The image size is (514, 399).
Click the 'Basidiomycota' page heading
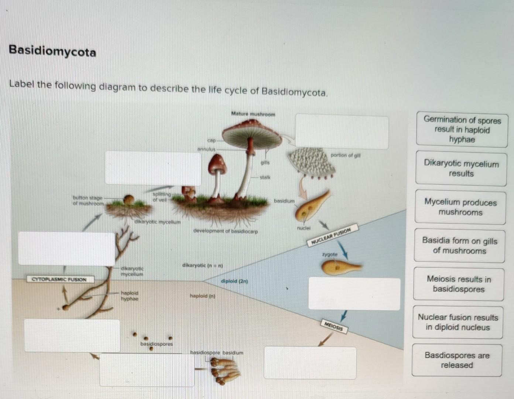tap(52, 51)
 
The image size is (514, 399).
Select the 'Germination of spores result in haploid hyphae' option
tap(462, 130)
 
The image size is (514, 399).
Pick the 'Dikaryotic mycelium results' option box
tap(461, 168)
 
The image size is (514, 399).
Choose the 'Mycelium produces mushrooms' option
tap(460, 207)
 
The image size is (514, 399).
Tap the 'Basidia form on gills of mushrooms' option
tap(459, 246)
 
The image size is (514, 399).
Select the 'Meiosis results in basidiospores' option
tap(459, 284)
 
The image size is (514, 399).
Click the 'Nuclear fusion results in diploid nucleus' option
tap(458, 322)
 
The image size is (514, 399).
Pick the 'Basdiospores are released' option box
tap(457, 360)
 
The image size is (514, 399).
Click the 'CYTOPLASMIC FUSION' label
tap(59, 279)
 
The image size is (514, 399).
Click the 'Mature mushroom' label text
tap(253, 114)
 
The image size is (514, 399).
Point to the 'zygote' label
tap(330, 255)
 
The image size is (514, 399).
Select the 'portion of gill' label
tap(345, 156)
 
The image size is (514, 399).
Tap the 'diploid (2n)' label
tap(234, 282)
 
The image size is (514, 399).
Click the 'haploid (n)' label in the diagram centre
tap(202, 296)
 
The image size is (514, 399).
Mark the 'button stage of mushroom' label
tap(88, 201)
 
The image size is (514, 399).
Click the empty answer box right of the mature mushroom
tap(342, 133)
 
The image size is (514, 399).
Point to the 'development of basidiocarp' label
tap(225, 231)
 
